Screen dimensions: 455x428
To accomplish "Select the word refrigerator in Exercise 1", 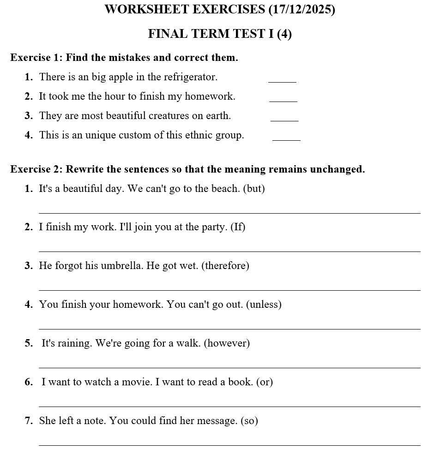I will (x=190, y=77).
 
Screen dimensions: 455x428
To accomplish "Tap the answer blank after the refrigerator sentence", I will (x=282, y=81).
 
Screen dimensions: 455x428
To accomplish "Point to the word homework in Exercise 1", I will (x=211, y=96).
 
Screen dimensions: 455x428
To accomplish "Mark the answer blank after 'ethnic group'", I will (x=286, y=138).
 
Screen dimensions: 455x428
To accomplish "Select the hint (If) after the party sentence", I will (x=238, y=227).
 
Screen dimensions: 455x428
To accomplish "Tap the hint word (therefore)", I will (x=225, y=266).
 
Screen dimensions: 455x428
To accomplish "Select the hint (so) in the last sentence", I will (x=249, y=421).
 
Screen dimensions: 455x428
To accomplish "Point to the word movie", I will (x=137, y=382).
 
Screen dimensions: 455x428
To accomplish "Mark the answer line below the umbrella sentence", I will (x=229, y=290).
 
